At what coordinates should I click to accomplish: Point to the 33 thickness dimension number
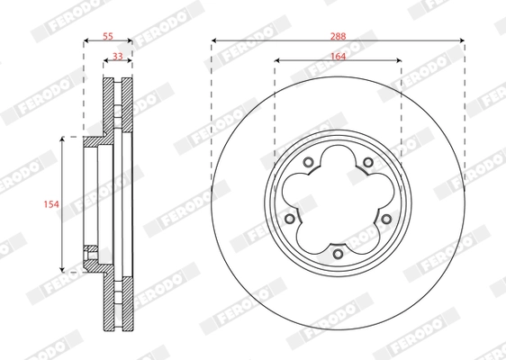click(x=118, y=56)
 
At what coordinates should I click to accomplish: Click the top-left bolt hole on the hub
click(x=308, y=162)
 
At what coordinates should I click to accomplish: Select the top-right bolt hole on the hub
click(x=367, y=162)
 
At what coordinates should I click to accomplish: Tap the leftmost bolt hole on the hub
click(x=289, y=219)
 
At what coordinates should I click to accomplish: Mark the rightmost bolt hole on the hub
click(x=386, y=219)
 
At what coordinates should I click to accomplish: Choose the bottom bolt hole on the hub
click(x=338, y=254)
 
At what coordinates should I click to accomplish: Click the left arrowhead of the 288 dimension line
click(x=214, y=41)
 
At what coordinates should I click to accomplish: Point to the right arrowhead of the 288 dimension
click(x=462, y=41)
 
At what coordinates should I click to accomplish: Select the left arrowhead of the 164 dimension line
click(x=276, y=61)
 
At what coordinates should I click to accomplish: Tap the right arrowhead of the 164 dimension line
click(x=399, y=61)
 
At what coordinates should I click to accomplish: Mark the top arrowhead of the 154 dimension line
click(x=62, y=139)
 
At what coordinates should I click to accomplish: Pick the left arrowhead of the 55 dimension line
click(x=86, y=41)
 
